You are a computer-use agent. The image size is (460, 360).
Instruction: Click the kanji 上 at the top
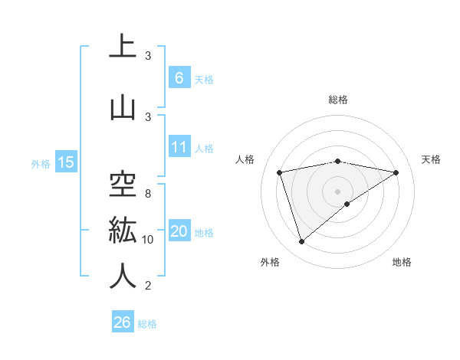123,47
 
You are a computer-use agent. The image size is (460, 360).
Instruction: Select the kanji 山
123,107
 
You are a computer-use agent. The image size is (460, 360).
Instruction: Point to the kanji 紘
123,228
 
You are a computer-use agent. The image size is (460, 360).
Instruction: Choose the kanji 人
123,275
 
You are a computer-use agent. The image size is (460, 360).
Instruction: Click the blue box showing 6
179,77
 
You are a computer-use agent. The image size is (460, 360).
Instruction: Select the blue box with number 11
179,147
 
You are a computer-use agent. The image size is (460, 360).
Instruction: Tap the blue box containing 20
179,231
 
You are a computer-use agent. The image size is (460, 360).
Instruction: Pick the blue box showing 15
66,162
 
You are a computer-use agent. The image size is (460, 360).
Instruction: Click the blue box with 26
123,322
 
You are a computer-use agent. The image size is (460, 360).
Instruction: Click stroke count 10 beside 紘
148,240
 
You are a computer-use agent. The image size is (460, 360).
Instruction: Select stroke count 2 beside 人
148,286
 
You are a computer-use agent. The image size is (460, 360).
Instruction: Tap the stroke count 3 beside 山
148,116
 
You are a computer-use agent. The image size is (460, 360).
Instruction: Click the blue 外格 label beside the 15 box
41,163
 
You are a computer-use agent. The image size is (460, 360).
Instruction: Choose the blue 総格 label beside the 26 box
147,324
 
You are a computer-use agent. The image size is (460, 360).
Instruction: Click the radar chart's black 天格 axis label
431,159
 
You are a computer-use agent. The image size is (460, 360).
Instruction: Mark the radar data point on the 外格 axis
301,242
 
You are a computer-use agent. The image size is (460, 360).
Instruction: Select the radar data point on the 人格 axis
280,172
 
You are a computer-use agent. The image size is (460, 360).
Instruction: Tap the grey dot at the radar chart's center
337,191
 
